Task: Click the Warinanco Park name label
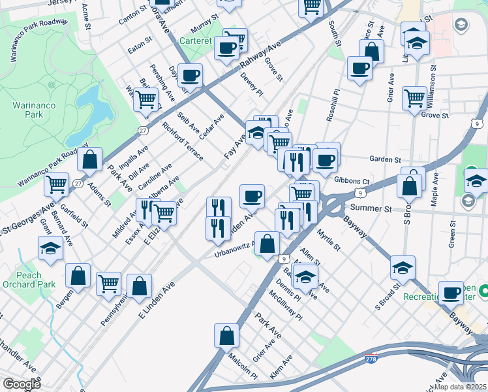pos(27,111)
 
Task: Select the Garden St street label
pos(384,159)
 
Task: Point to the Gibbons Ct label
pos(352,181)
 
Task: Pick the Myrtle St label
pos(329,239)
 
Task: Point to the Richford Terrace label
pos(183,142)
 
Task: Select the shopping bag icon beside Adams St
pos(89,159)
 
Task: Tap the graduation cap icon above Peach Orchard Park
pos(50,248)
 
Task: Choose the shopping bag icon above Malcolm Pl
pos(226,335)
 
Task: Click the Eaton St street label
pos(140,47)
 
